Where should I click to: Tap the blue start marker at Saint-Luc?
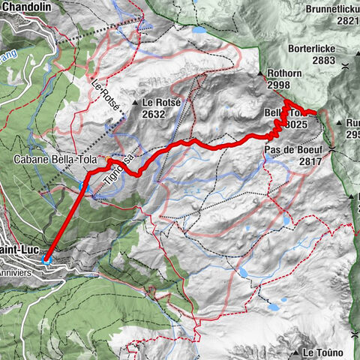[46, 261]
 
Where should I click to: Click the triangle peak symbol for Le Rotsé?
[135, 103]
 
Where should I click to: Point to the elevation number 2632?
[154, 115]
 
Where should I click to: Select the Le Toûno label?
[323, 352]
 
